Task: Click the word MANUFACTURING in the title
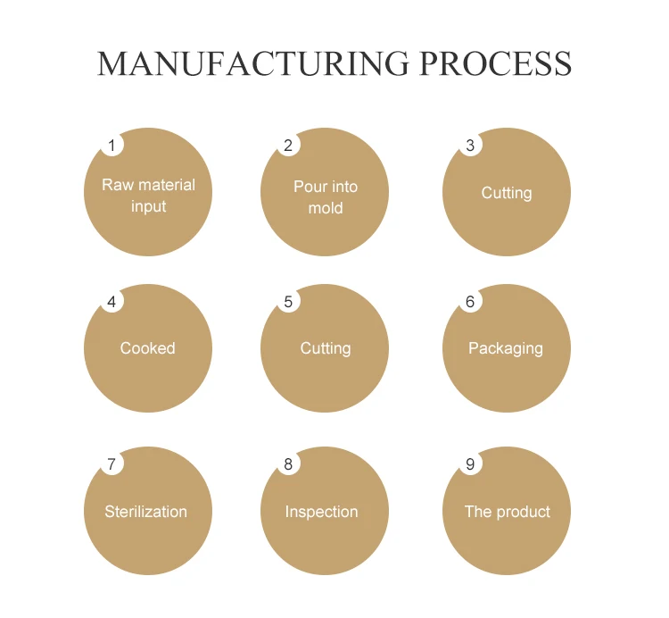252,64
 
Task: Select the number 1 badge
111,145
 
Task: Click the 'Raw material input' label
148,196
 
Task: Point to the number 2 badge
288,145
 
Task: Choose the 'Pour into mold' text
326,197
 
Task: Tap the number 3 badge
470,145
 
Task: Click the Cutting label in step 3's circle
507,193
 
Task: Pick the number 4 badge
111,301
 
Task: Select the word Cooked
148,348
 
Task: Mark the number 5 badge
288,301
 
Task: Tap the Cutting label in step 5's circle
326,348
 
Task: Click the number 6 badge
470,301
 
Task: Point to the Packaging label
506,348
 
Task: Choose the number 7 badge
111,463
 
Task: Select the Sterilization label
146,512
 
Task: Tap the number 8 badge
288,463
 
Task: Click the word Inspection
322,512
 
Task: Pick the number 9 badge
470,463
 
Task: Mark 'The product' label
508,512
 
